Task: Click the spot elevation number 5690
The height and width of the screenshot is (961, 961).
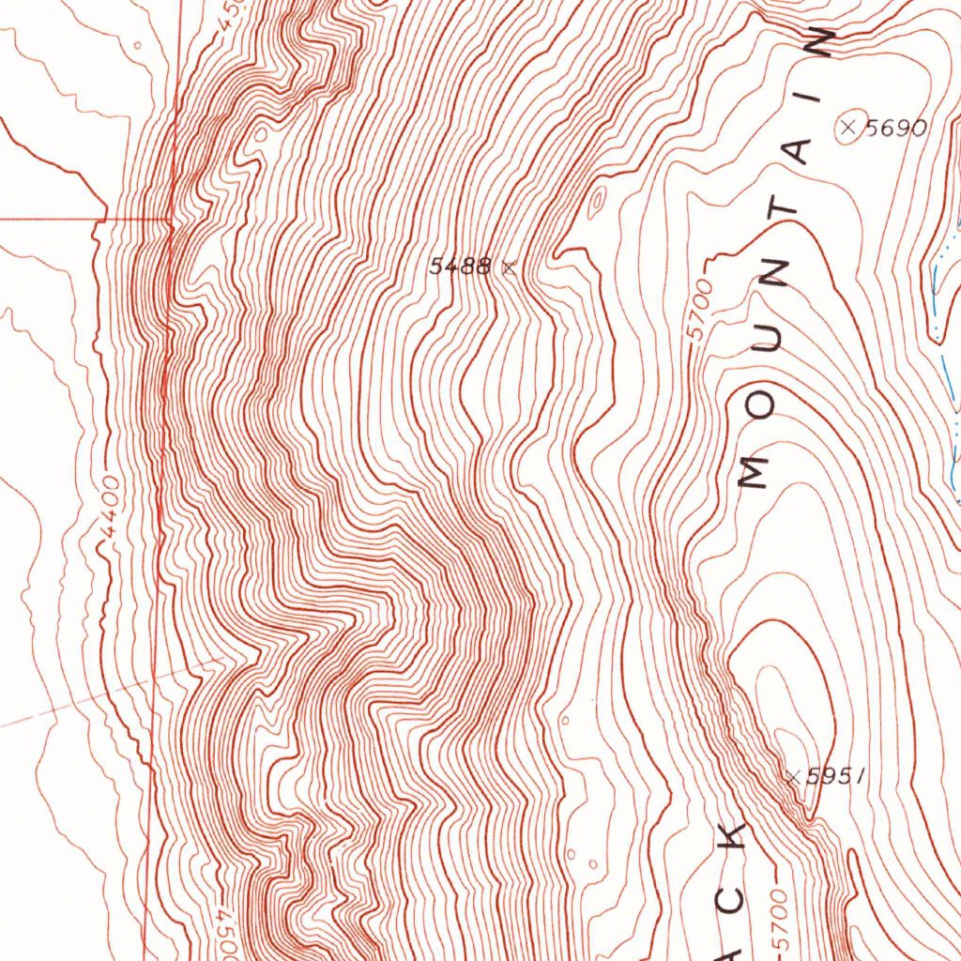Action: point(895,129)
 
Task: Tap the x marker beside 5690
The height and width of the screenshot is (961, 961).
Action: point(849,127)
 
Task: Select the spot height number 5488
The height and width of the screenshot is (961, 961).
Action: point(460,267)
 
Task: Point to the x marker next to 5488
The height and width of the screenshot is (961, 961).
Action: point(509,267)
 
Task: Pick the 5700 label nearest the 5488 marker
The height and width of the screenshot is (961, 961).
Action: point(699,313)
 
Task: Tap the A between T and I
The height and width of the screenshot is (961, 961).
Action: point(800,153)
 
